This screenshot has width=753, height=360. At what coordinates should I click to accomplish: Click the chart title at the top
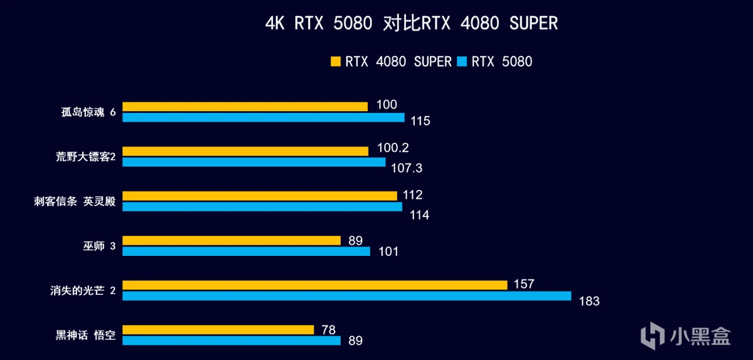coord(411,24)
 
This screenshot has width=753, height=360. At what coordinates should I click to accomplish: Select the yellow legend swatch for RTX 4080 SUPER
coord(335,61)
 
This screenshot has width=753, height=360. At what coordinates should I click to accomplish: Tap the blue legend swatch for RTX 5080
coord(462,61)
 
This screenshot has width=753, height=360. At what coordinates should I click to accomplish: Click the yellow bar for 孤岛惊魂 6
coord(245,106)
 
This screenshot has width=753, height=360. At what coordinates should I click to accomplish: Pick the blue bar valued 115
coord(264,117)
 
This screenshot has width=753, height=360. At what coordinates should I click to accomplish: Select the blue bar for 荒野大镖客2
coord(254,162)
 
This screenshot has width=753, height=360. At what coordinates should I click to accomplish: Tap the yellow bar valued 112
coord(259,196)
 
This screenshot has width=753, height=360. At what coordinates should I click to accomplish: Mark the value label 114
coord(419,215)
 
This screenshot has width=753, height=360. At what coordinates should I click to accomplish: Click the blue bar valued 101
coord(246,251)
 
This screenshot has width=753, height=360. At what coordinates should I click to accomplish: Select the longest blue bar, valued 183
coord(346,296)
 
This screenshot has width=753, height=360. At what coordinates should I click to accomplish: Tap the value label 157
coord(523,284)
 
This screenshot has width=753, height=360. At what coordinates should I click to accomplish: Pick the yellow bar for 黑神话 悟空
coord(218,329)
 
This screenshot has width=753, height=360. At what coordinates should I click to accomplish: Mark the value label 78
coord(328,329)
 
